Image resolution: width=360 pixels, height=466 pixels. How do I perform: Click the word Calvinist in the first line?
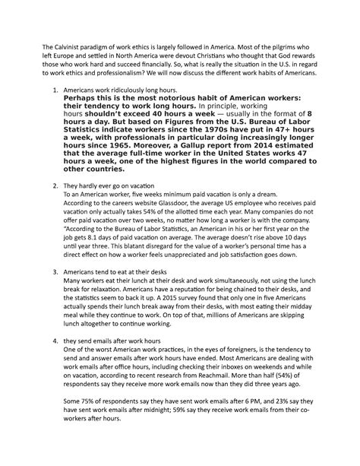(x=73, y=51)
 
